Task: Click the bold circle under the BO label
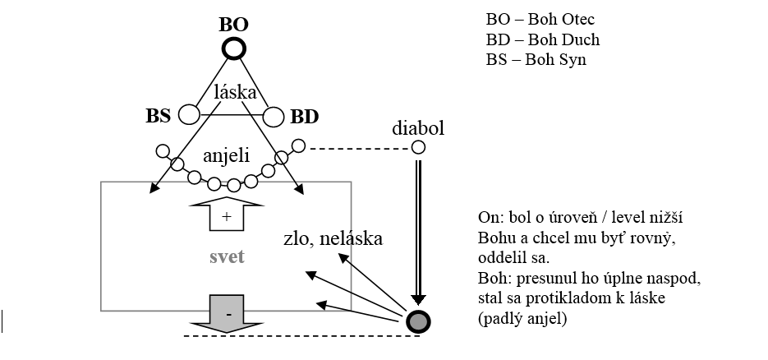tap(234, 48)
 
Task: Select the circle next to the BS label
tap(190, 114)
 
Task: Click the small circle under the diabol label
tap(418, 148)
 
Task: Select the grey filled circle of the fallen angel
tap(418, 321)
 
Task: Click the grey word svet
tap(226, 257)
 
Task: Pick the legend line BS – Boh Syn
tap(536, 59)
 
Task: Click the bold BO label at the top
tap(234, 23)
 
